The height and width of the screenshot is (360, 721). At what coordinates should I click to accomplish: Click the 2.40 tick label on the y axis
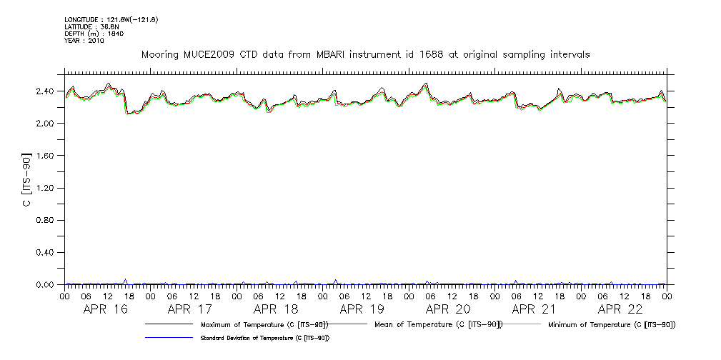[45, 91]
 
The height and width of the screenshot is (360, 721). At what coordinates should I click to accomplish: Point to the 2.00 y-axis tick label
[45, 124]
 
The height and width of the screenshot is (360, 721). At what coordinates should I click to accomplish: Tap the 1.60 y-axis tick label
[45, 156]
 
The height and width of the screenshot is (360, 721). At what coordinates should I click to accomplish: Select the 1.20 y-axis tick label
[45, 188]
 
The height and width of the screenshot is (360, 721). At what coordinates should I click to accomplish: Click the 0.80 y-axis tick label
[45, 221]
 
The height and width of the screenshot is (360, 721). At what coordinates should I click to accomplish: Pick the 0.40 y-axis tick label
[45, 253]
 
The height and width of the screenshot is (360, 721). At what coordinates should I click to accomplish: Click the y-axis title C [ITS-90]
[26, 179]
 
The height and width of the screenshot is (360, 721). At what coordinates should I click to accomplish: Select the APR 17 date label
[190, 309]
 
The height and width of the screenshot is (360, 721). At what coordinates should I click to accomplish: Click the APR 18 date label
[276, 309]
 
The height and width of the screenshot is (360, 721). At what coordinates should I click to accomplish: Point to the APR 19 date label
[362, 309]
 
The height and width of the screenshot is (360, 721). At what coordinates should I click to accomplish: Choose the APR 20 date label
[448, 309]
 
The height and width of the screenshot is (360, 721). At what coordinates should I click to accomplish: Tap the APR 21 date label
[534, 309]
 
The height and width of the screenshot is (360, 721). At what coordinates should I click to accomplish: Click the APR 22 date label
[620, 309]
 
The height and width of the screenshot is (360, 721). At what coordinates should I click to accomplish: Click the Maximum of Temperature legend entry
[264, 325]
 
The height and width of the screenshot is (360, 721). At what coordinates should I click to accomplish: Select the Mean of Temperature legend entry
[449, 325]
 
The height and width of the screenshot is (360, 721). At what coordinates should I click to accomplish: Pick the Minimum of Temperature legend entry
[612, 325]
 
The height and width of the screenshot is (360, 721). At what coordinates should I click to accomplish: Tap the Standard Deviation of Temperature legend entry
[264, 338]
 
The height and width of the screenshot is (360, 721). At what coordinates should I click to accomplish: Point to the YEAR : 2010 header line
[84, 41]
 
